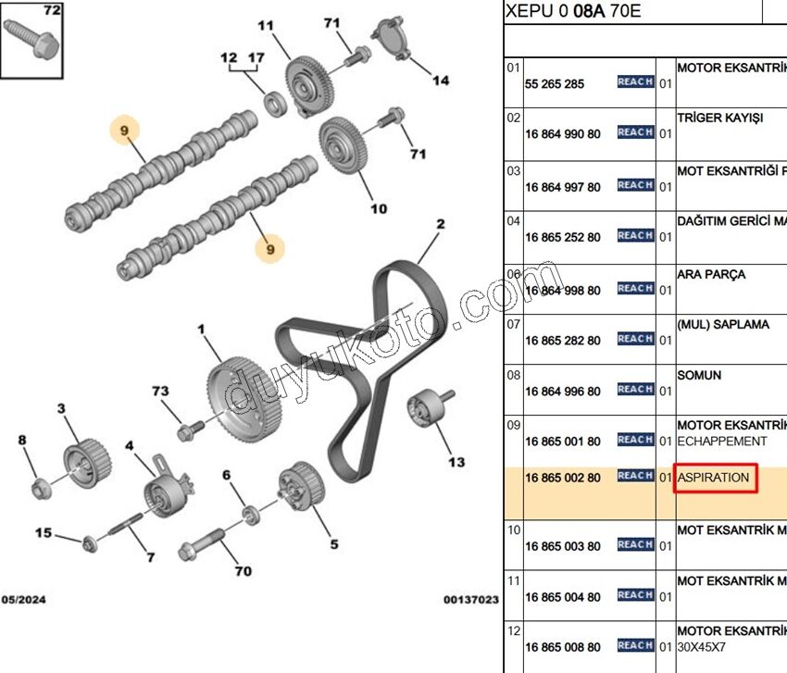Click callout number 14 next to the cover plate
point(441,81)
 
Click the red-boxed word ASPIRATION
point(714,478)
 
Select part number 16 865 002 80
point(562,478)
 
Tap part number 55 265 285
point(555,83)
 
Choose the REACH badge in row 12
point(635,645)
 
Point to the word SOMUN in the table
point(699,375)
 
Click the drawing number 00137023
point(470,600)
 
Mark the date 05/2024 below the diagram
point(23,600)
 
